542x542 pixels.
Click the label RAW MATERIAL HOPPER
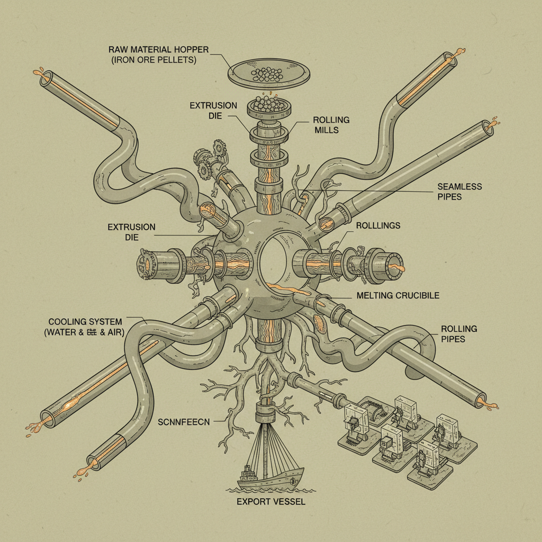[x=159, y=50]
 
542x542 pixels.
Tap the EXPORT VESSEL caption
[x=271, y=501]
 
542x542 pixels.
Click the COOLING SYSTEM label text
[x=85, y=322]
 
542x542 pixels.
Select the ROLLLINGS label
[x=378, y=225]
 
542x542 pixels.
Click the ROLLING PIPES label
[x=459, y=333]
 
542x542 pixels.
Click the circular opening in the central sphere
[x=275, y=261]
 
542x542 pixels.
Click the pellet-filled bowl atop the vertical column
[x=269, y=106]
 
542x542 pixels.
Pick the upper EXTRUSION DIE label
[x=213, y=111]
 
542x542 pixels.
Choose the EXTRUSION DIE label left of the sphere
[x=131, y=232]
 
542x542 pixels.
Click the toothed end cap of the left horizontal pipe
[x=144, y=264]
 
